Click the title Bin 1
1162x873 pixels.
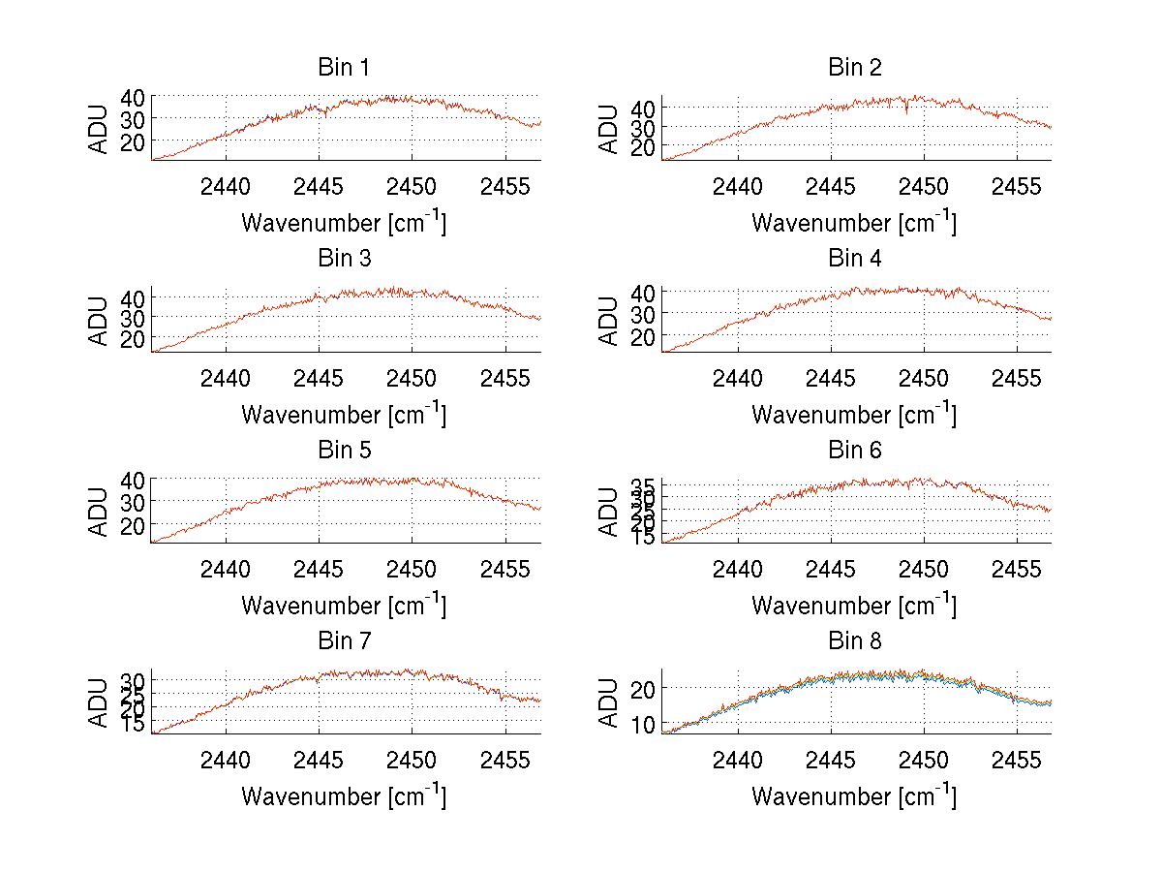pos(344,68)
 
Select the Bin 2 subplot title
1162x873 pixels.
pos(855,68)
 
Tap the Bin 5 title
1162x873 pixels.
pos(344,451)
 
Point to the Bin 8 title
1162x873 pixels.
pos(855,641)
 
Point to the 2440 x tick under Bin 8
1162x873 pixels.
pos(737,759)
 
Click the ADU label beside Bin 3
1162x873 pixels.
pos(99,320)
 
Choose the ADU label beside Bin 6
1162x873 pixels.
pos(609,511)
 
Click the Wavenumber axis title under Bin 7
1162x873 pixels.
pos(344,795)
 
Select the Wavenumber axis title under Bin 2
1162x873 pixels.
pos(854,222)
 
